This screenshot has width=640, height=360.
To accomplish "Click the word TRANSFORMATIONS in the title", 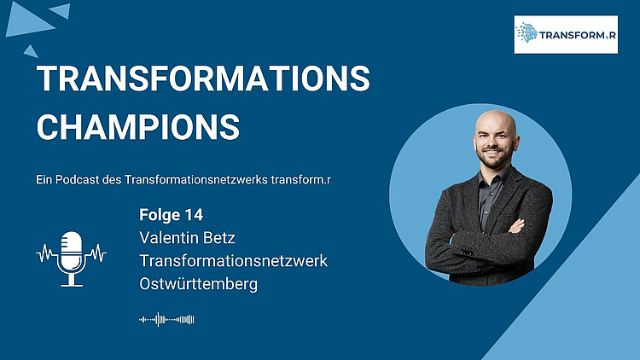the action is pos(203,78).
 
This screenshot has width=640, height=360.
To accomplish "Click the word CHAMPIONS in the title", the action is pos(138,127).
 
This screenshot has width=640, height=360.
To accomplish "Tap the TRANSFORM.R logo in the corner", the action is pos(566,35).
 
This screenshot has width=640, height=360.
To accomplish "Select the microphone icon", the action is pos(72,258).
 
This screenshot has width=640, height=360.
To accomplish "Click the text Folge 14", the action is pos(171,215).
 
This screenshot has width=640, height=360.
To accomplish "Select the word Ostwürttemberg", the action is pos(198,284).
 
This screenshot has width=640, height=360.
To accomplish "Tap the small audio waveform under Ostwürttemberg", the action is pos(166,320).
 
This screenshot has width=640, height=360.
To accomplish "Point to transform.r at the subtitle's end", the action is pos(301,180).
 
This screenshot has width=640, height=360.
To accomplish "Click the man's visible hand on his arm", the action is pos(516,226).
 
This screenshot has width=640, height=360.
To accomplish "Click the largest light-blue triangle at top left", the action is pos(28,22).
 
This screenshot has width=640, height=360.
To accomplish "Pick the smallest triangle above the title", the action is pos(31,52).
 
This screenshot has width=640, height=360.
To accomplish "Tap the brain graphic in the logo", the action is pos(527,32).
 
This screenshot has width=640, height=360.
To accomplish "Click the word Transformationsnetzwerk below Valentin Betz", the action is pos(234,261).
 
